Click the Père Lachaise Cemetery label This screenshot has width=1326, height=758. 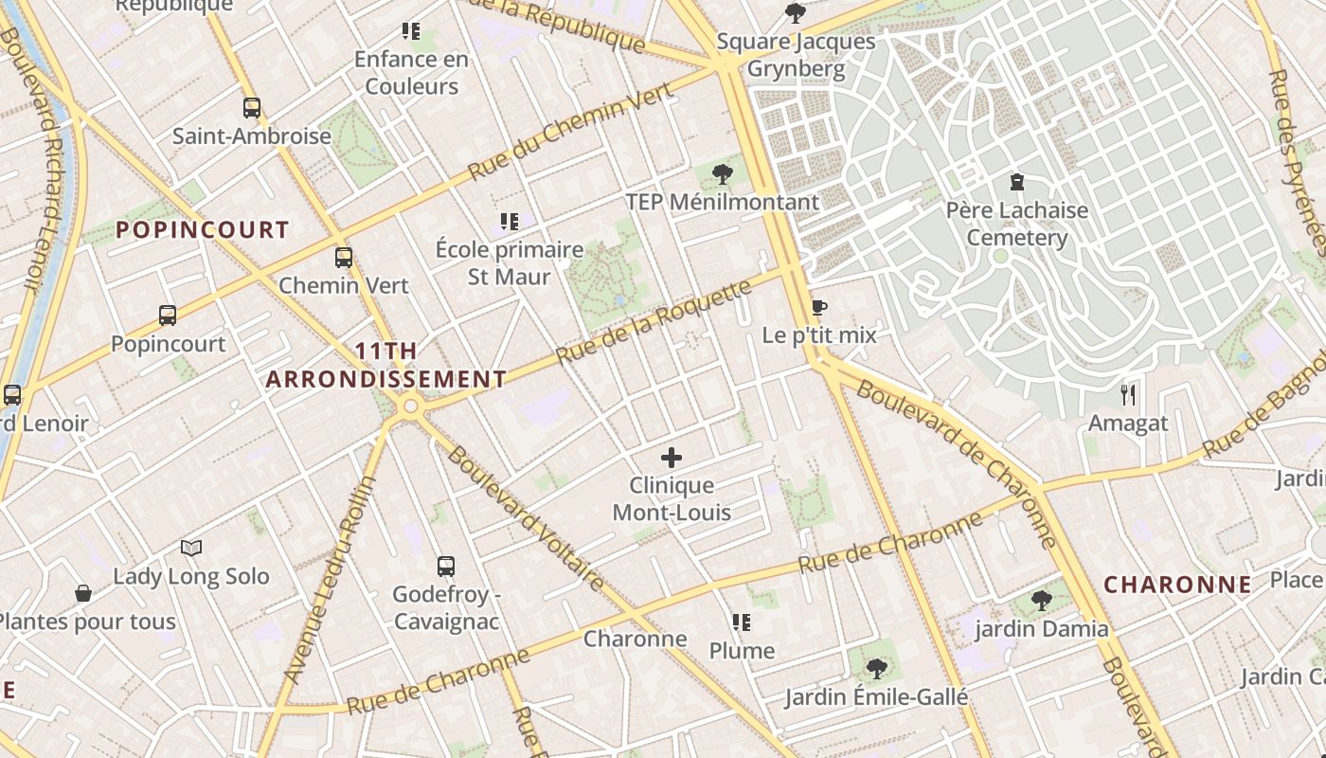pyautogui.click(x=1017, y=224)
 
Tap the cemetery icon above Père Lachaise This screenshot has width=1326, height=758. pyautogui.click(x=1017, y=181)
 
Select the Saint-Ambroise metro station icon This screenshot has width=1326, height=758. pyautogui.click(x=251, y=108)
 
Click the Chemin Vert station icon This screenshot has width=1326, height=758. pyautogui.click(x=343, y=257)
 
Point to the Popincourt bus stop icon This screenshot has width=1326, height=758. pyautogui.click(x=168, y=316)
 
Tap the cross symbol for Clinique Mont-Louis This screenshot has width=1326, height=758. pyautogui.click(x=672, y=458)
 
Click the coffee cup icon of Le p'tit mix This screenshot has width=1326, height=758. pyautogui.click(x=818, y=308)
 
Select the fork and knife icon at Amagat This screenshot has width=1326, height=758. pyautogui.click(x=1127, y=394)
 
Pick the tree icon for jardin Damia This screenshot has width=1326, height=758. pyautogui.click(x=1041, y=600)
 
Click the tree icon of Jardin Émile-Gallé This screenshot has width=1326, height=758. pyautogui.click(x=876, y=669)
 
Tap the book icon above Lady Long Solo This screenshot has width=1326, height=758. pyautogui.click(x=191, y=548)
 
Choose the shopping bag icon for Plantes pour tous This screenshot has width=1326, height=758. pyautogui.click(x=83, y=593)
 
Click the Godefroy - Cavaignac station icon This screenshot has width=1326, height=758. pyautogui.click(x=446, y=567)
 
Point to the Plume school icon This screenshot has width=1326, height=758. pyautogui.click(x=742, y=623)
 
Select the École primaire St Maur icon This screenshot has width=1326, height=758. pyautogui.click(x=510, y=222)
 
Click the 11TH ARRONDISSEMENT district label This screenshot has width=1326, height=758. pyautogui.click(x=385, y=365)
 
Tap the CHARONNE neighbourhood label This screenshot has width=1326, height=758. pyautogui.click(x=1177, y=585)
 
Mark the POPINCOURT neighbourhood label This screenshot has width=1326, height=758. pyautogui.click(x=202, y=229)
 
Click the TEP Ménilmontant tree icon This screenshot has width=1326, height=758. pyautogui.click(x=723, y=173)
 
